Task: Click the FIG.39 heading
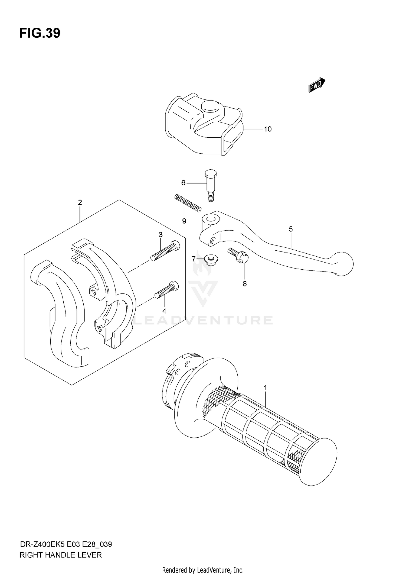coord(40,33)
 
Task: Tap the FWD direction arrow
coord(317,85)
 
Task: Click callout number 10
coord(267,129)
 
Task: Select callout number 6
coord(183,183)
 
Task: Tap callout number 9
coord(184,221)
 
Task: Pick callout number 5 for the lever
coord(290,229)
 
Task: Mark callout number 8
coord(245,284)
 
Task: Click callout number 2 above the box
coord(80,202)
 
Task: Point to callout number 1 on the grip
coord(265,388)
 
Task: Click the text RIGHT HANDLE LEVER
coord(61,555)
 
